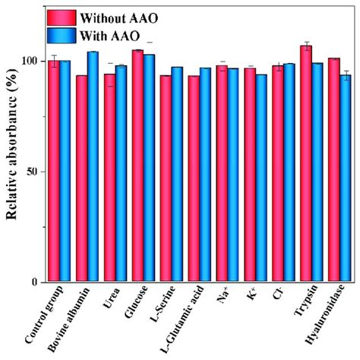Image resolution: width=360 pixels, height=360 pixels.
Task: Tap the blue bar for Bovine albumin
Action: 93,167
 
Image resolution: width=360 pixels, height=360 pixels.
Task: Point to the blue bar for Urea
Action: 121,174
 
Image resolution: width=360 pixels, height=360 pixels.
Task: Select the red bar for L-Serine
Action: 166,178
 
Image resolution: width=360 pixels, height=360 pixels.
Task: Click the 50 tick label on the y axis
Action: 32,172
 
